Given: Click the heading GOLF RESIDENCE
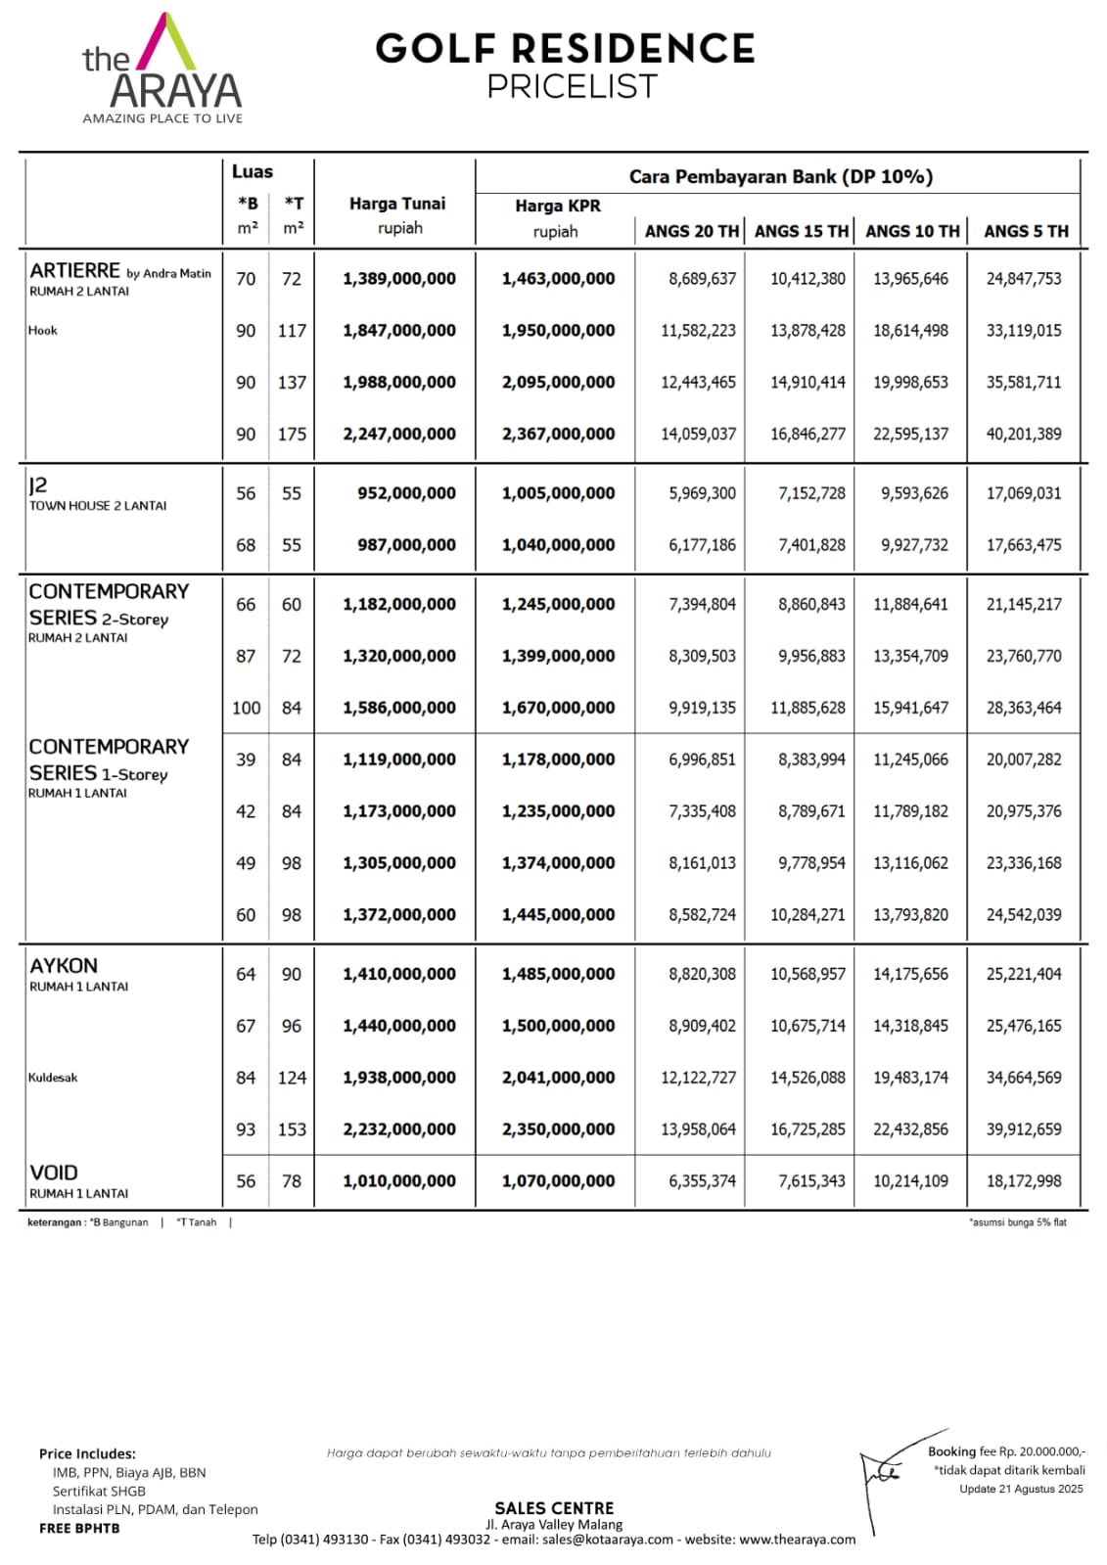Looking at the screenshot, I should pyautogui.click(x=565, y=49).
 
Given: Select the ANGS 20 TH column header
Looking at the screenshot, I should pyautogui.click(x=691, y=232).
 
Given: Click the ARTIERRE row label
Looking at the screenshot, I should pyautogui.click(x=75, y=271).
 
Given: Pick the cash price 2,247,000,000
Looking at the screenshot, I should pyautogui.click(x=399, y=434).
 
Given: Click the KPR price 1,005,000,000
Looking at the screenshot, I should pyautogui.click(x=558, y=493).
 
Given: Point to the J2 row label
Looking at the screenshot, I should pyautogui.click(x=38, y=485).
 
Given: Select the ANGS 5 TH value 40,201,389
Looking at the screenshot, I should pyautogui.click(x=1023, y=434).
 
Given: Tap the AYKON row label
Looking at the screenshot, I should pyautogui.click(x=64, y=966).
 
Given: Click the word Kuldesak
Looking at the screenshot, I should pyautogui.click(x=53, y=1078).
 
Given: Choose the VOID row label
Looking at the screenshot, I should pyautogui.click(x=54, y=1173).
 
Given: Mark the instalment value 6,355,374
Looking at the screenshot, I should pyautogui.click(x=702, y=1181).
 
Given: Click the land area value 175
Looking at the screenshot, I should pyautogui.click(x=292, y=434).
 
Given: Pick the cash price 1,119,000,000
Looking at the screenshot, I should pyautogui.click(x=399, y=759).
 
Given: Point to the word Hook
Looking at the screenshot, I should pyautogui.click(x=43, y=331).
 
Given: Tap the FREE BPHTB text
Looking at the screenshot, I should pyautogui.click(x=79, y=1528).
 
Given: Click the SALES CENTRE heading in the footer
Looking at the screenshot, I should pyautogui.click(x=554, y=1508).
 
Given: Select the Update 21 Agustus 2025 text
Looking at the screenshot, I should pyautogui.click(x=1021, y=1489).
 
